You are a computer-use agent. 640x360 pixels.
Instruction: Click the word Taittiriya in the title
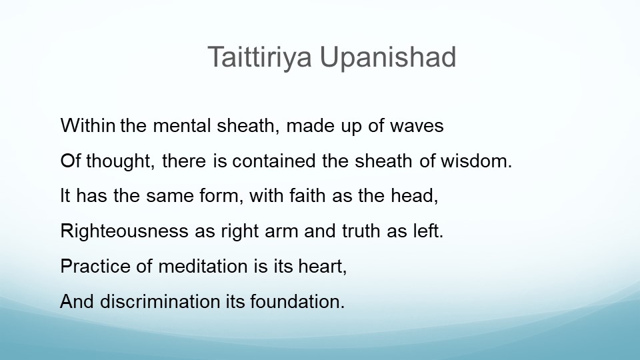pyautogui.click(x=259, y=58)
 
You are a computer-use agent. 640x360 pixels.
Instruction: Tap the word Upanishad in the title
pyautogui.click(x=388, y=58)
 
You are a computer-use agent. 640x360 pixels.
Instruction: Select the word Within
pyautogui.click(x=88, y=125)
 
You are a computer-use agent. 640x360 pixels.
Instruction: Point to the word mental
pyautogui.click(x=181, y=125)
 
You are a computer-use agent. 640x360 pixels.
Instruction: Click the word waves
pyautogui.click(x=417, y=126)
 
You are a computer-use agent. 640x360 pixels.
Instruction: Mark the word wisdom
pyautogui.click(x=476, y=161)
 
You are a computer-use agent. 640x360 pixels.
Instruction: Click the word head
pyautogui.click(x=414, y=196)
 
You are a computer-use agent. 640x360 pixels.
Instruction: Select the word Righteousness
pyautogui.click(x=124, y=231)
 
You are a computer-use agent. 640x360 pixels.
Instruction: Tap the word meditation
pyautogui.click(x=203, y=266)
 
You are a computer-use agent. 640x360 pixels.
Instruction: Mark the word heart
pyautogui.click(x=323, y=267)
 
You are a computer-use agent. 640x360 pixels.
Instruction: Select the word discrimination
pyautogui.click(x=160, y=301)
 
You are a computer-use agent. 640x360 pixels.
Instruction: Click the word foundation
pyautogui.click(x=297, y=301)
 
